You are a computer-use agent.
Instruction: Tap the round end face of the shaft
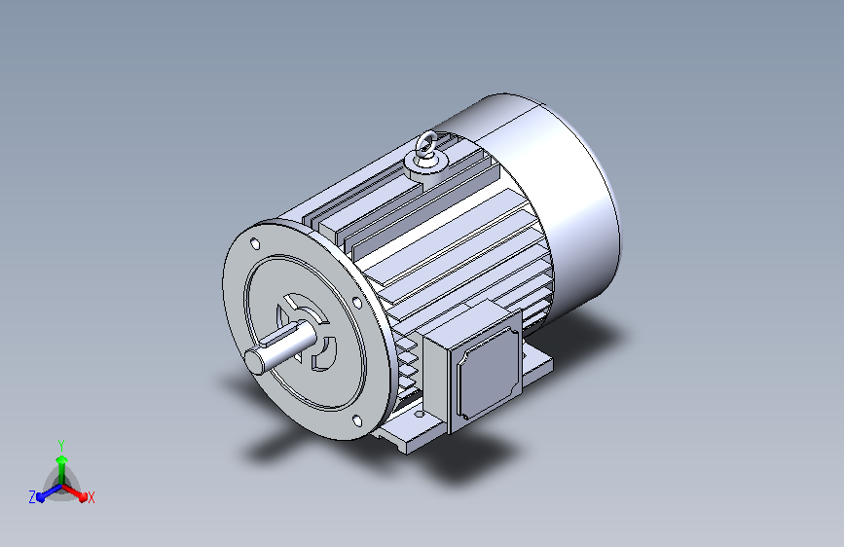255,360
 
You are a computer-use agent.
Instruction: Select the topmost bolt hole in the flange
255,244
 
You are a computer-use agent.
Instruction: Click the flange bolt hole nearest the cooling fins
357,302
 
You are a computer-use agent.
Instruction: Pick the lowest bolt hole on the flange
357,420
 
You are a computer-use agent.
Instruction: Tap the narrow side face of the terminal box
436,383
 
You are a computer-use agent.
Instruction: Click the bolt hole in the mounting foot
419,415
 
